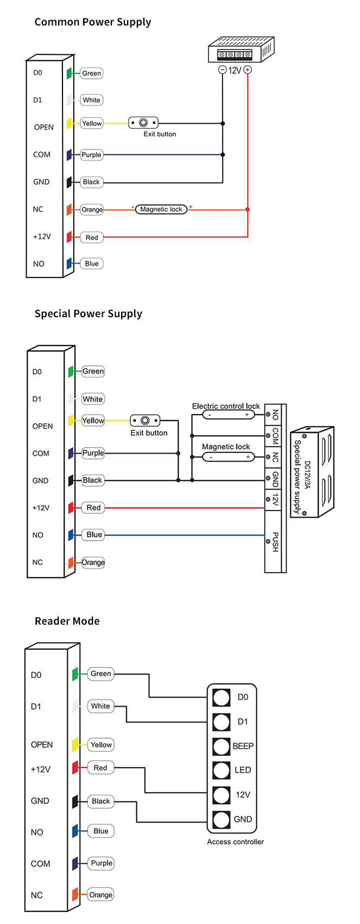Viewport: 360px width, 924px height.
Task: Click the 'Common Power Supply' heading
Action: point(93,22)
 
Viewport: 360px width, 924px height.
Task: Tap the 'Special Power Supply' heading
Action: point(89,313)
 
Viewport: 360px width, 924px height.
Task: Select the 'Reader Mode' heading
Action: point(67,621)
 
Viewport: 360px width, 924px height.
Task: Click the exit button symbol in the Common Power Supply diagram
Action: point(143,123)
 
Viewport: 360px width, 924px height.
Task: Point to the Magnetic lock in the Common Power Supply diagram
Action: point(161,209)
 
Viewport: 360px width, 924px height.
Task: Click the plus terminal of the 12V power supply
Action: point(248,70)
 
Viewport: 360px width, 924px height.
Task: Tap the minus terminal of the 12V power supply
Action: point(222,70)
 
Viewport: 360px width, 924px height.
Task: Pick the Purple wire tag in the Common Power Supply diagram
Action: point(91,155)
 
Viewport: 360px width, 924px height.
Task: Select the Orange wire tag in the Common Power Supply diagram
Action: point(92,210)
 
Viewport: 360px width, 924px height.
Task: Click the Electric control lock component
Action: point(229,414)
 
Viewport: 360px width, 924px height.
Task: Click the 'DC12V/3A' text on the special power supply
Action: point(307,475)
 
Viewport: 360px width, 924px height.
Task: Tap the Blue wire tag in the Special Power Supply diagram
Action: point(93,535)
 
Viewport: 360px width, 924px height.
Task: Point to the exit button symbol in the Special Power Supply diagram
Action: point(145,420)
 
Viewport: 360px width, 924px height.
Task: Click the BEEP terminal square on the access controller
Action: point(221,746)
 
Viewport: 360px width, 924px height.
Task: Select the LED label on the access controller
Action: point(243,770)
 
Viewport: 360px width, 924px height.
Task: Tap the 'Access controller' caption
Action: point(236,842)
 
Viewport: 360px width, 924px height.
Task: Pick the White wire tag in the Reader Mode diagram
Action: point(100,706)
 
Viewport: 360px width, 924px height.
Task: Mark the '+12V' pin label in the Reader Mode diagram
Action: point(40,769)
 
